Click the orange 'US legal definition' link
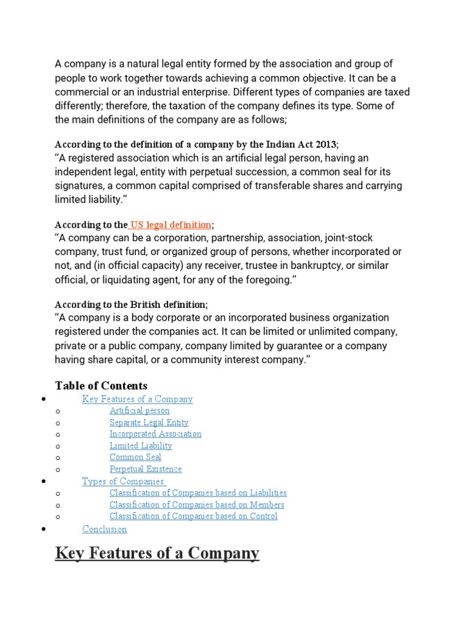tap(172, 225)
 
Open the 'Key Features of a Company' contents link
tap(137, 399)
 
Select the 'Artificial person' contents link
tap(140, 411)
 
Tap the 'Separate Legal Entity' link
tap(149, 422)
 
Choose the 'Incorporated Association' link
tap(155, 434)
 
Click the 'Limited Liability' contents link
tap(141, 445)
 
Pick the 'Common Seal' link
tap(135, 457)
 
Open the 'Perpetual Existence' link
tap(146, 469)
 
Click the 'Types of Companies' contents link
tap(123, 481)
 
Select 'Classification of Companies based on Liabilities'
tap(198, 493)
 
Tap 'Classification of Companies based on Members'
tap(197, 504)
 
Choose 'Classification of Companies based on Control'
tap(194, 516)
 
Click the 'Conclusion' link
tap(104, 529)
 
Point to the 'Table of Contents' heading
tap(101, 386)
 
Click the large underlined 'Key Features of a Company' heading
tap(157, 553)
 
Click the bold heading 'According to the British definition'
tap(130, 304)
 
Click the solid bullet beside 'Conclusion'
tap(43, 530)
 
